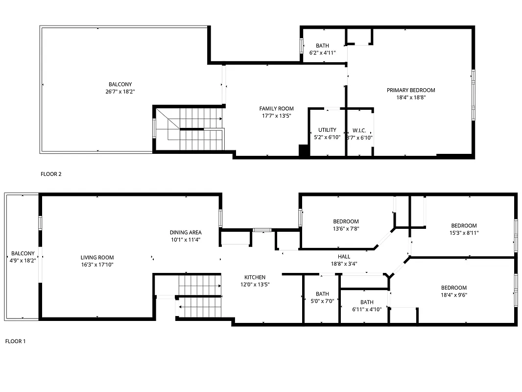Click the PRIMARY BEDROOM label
410,90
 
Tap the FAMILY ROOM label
276,109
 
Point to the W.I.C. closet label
359,131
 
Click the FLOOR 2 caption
50,174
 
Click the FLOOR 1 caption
15,341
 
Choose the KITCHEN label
255,277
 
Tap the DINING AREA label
186,233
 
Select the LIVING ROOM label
97,258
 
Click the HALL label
344,256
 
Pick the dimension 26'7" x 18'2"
120,92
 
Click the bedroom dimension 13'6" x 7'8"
346,228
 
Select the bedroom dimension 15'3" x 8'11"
463,233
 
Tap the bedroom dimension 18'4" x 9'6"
453,295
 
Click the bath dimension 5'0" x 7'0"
322,301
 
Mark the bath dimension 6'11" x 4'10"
366,309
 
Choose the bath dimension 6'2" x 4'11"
322,53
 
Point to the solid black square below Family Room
304,151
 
